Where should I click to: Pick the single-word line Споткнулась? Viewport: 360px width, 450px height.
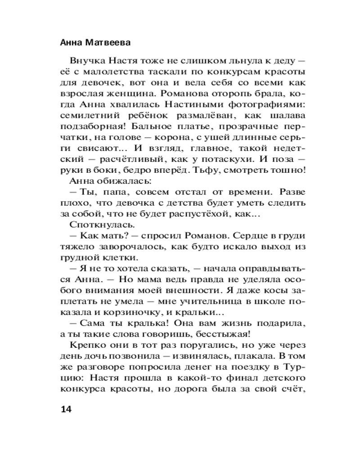94,224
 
